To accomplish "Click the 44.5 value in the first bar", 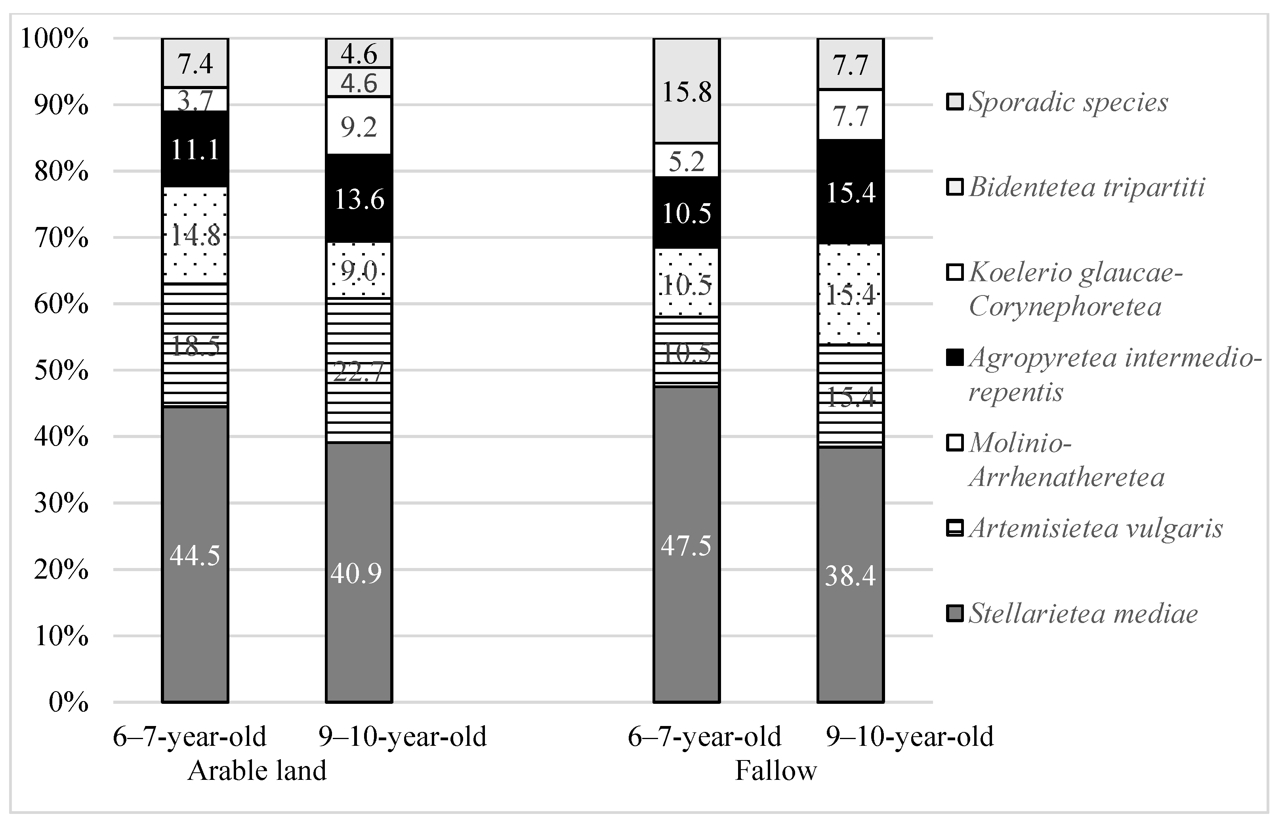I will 195,556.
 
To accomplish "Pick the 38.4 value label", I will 850,575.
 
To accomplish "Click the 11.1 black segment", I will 195,149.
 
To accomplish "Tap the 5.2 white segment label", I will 686,160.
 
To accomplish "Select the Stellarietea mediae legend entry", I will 1083,614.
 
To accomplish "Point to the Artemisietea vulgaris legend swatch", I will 954,528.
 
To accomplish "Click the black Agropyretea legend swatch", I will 954,358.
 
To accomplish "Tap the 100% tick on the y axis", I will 54,39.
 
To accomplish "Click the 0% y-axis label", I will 68,702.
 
